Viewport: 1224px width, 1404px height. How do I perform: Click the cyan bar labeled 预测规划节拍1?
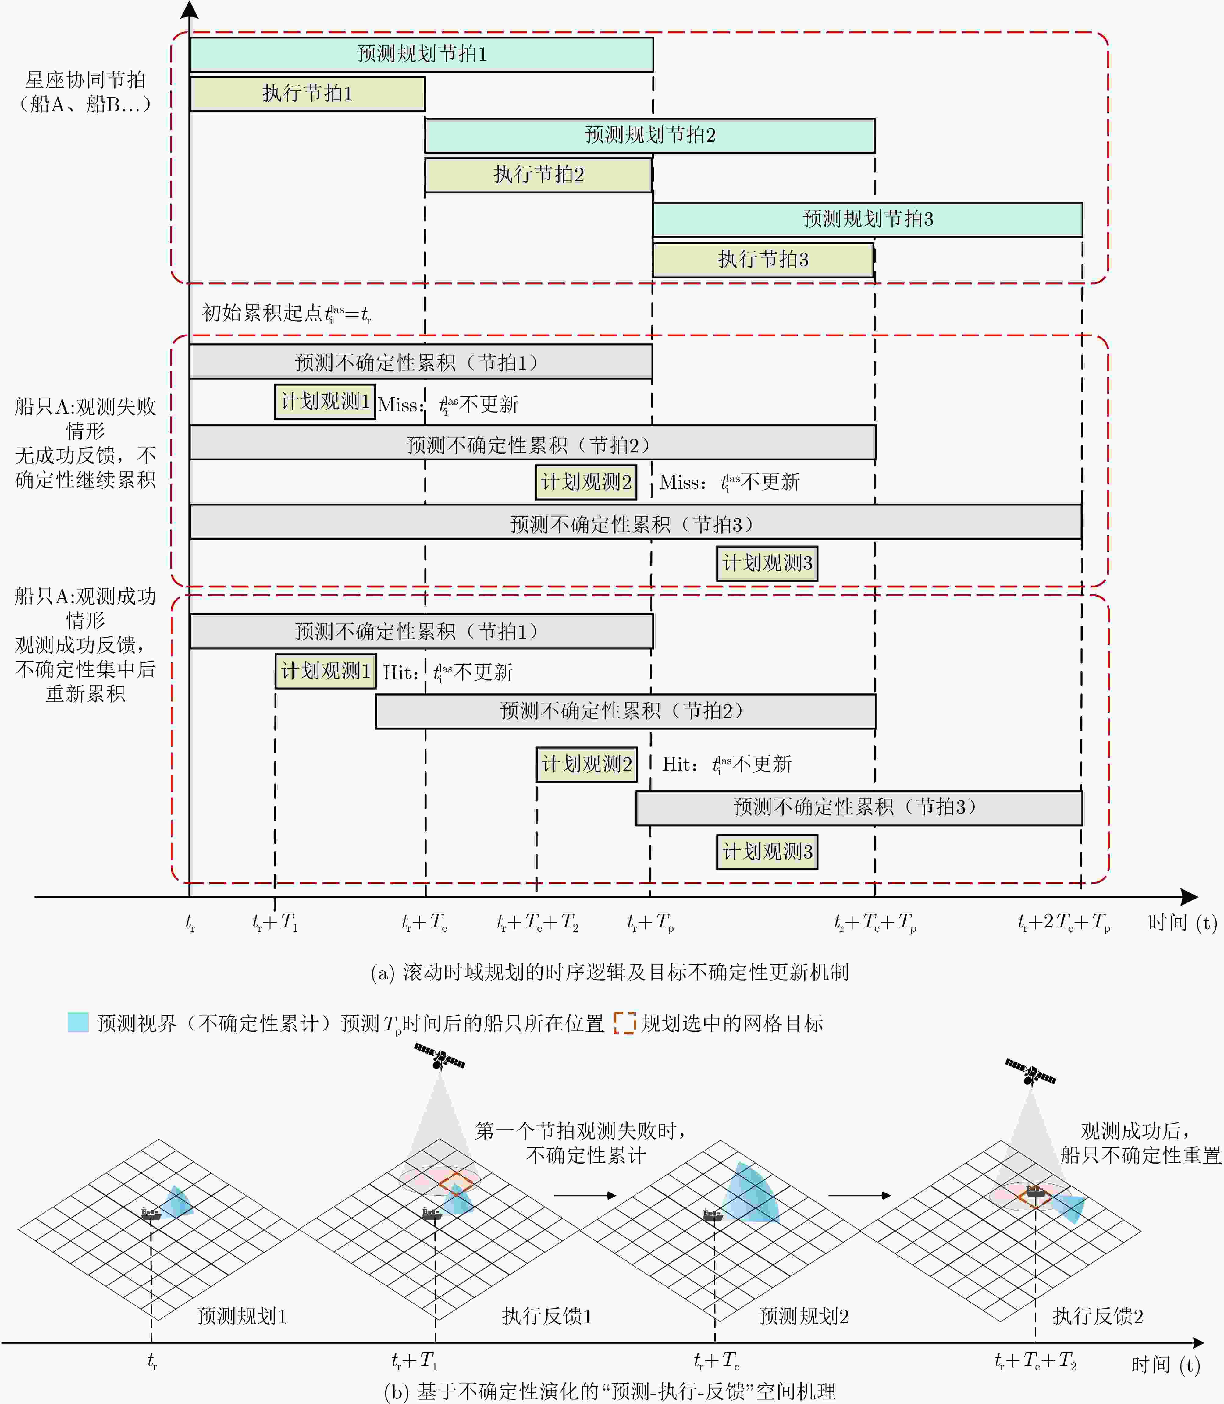[x=422, y=54]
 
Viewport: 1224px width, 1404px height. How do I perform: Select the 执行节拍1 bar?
[x=307, y=94]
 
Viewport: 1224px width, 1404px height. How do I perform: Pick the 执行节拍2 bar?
[x=538, y=175]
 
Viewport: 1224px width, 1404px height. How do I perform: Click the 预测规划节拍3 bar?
[x=867, y=219]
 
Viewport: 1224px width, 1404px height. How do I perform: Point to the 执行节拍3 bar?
[x=763, y=260]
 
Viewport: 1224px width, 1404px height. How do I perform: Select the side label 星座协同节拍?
[x=85, y=80]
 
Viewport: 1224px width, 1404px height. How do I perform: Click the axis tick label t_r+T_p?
[x=650, y=923]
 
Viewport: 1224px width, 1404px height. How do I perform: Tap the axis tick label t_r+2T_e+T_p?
[x=1063, y=923]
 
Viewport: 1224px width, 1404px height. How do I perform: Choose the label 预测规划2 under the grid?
[x=804, y=1316]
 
